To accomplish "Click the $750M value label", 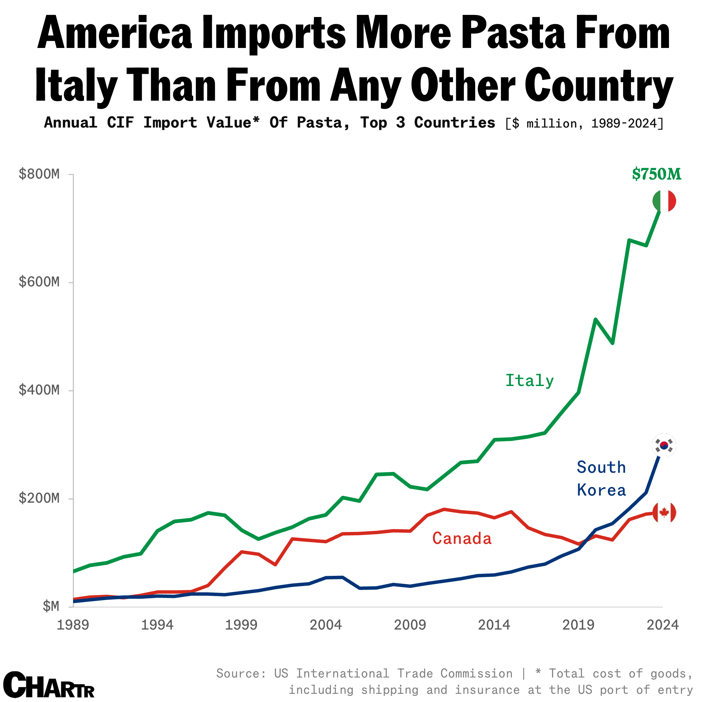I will pos(656,174).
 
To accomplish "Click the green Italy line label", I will pos(530,381).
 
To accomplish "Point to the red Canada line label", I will pos(462,539).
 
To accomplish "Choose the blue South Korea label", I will pos(601,479).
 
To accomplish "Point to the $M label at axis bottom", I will pos(51,606).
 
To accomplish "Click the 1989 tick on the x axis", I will pos(73,625).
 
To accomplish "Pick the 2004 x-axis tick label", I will pos(326,625).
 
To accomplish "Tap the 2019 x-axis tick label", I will pos(578,625).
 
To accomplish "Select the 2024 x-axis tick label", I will pos(662,625).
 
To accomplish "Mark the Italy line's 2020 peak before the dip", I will pos(595,319).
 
